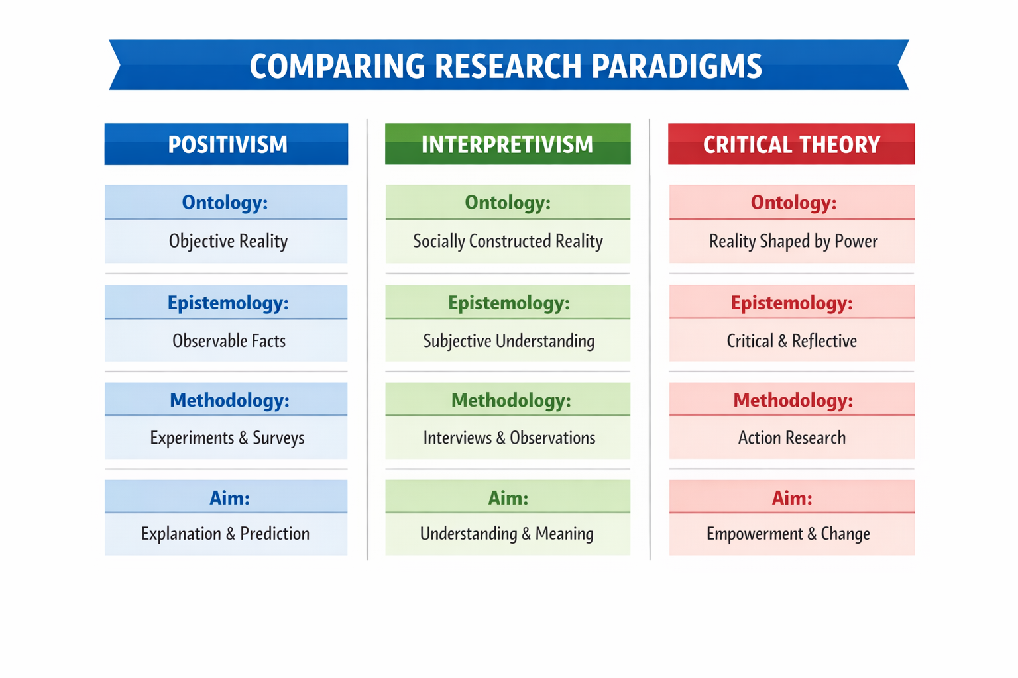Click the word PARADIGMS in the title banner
676,66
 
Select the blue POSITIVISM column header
227,144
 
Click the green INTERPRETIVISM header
508,144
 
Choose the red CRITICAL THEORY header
791,144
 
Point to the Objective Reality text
228,241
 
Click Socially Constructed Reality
508,241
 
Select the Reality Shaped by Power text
793,241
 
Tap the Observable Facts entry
229,341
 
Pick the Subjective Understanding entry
508,341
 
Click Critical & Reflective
791,341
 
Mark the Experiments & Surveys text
227,438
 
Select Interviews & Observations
509,438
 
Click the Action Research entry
791,438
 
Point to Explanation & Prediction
225,534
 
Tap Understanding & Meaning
506,534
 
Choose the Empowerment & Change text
787,534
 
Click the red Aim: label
791,498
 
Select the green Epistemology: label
508,303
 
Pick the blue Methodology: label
229,400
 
